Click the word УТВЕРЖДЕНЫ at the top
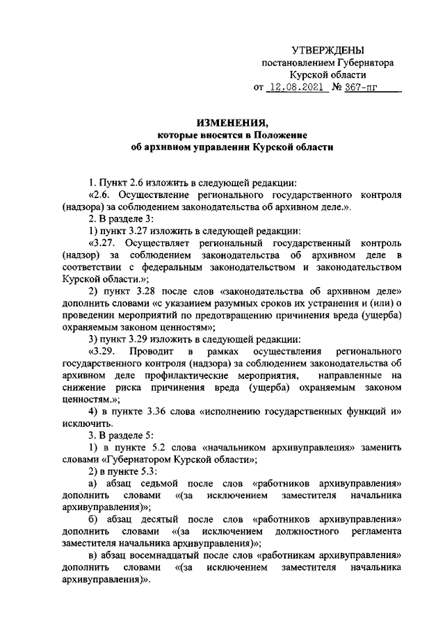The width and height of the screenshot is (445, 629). click(327, 50)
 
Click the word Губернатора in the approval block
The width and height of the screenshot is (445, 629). click(365, 63)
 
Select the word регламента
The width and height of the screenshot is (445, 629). click(373, 532)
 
